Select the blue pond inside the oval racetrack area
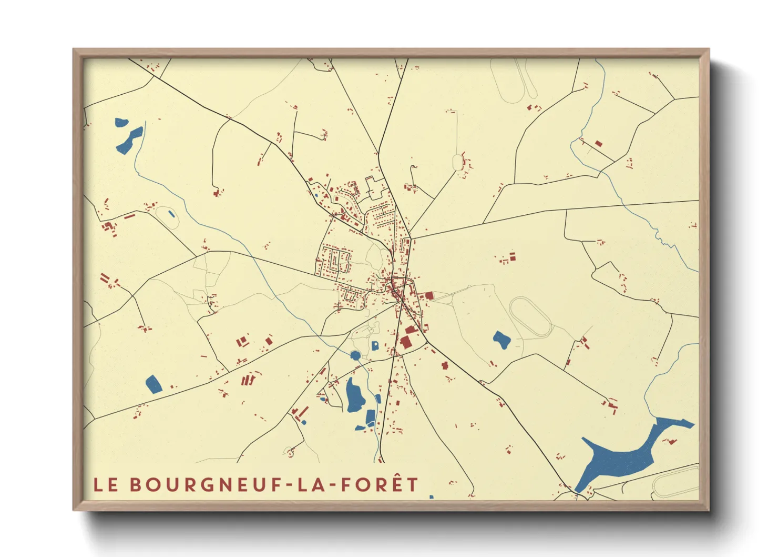pyautogui.click(x=501, y=340)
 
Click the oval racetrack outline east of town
pyautogui.click(x=530, y=317)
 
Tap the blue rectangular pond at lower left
pyautogui.click(x=153, y=384)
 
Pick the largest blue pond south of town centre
pyautogui.click(x=355, y=395)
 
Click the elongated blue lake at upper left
pyautogui.click(x=129, y=140)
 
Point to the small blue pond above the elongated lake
pyautogui.click(x=121, y=123)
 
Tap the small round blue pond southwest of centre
pyautogui.click(x=356, y=355)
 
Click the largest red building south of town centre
pyautogui.click(x=406, y=342)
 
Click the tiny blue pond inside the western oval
pyautogui.click(x=171, y=214)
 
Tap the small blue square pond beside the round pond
pyautogui.click(x=375, y=346)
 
